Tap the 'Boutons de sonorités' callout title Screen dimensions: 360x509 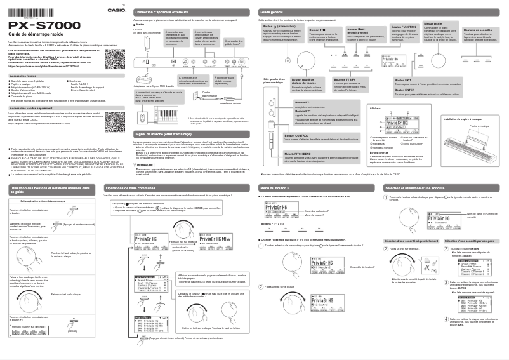[478, 30]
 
